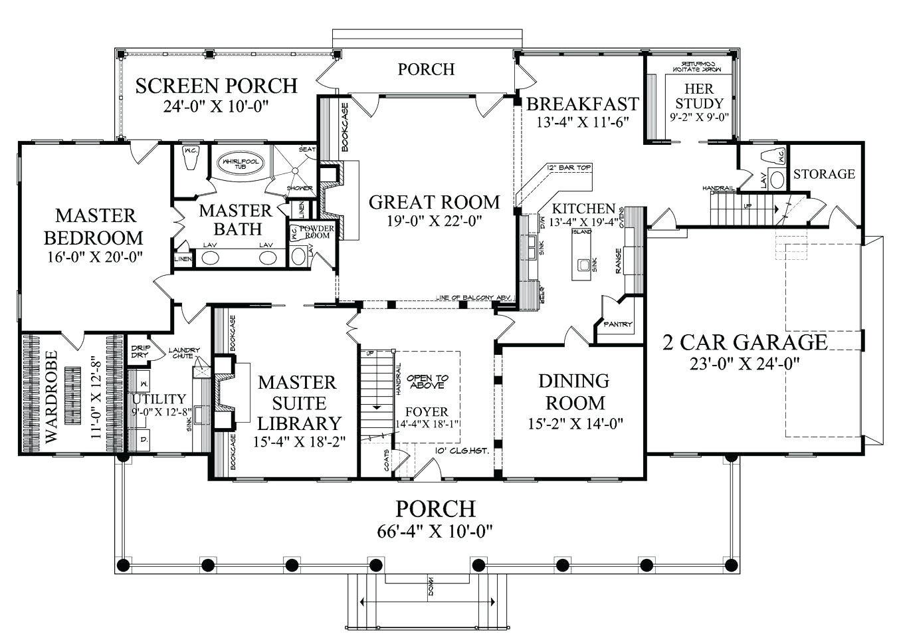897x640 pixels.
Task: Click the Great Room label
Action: point(434,201)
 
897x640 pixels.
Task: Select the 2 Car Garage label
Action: point(745,342)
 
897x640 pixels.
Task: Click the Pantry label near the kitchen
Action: point(617,325)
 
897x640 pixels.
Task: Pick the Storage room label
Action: point(824,174)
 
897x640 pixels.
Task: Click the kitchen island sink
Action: point(584,265)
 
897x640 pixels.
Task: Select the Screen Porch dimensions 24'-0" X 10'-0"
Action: point(215,106)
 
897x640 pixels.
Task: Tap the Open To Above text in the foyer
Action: point(428,381)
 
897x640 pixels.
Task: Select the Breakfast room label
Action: point(582,104)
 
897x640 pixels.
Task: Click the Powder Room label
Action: point(316,232)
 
